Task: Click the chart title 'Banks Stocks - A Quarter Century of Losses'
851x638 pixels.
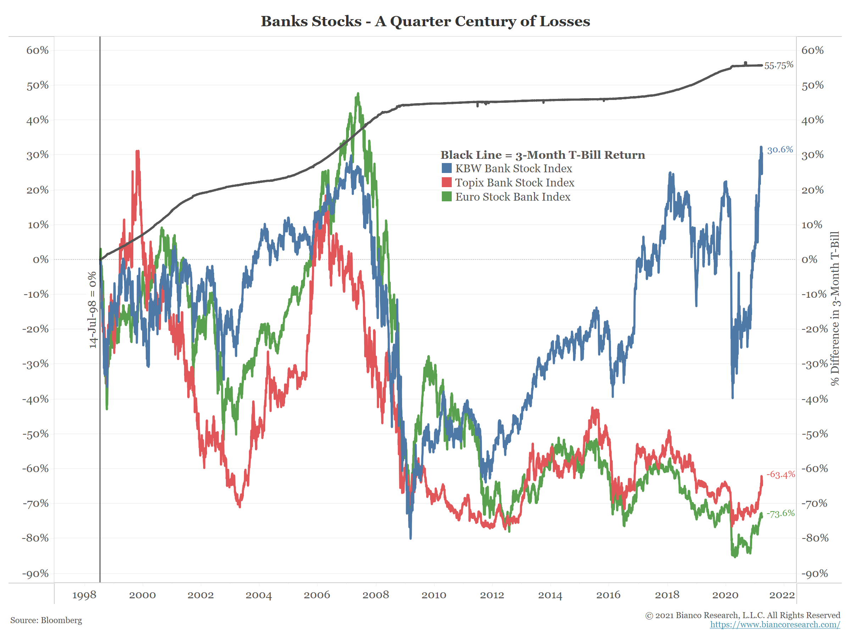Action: (x=425, y=21)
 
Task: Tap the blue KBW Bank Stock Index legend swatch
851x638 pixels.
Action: (x=446, y=168)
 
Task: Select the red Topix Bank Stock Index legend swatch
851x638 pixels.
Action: (x=446, y=182)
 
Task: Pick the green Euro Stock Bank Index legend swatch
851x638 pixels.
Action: (x=446, y=196)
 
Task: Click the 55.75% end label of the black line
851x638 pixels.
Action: (x=778, y=65)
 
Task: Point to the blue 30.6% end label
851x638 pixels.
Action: (x=780, y=150)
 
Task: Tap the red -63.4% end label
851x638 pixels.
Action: (x=780, y=474)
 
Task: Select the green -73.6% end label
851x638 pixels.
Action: (x=780, y=513)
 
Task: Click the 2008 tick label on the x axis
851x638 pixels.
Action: (x=376, y=595)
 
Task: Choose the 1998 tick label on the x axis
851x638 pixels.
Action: (x=84, y=595)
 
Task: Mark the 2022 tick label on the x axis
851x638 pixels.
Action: (x=782, y=595)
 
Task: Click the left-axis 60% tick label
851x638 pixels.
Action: (x=37, y=50)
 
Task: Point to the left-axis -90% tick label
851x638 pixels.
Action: (x=35, y=573)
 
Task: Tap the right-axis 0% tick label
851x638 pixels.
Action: (x=809, y=259)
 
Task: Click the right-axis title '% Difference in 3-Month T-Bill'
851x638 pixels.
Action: (x=834, y=308)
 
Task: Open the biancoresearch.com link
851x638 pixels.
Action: (x=775, y=624)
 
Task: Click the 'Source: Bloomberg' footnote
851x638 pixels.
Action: (x=46, y=620)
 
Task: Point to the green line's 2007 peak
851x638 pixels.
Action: (x=358, y=94)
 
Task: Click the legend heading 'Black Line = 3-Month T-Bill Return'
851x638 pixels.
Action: (x=543, y=155)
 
